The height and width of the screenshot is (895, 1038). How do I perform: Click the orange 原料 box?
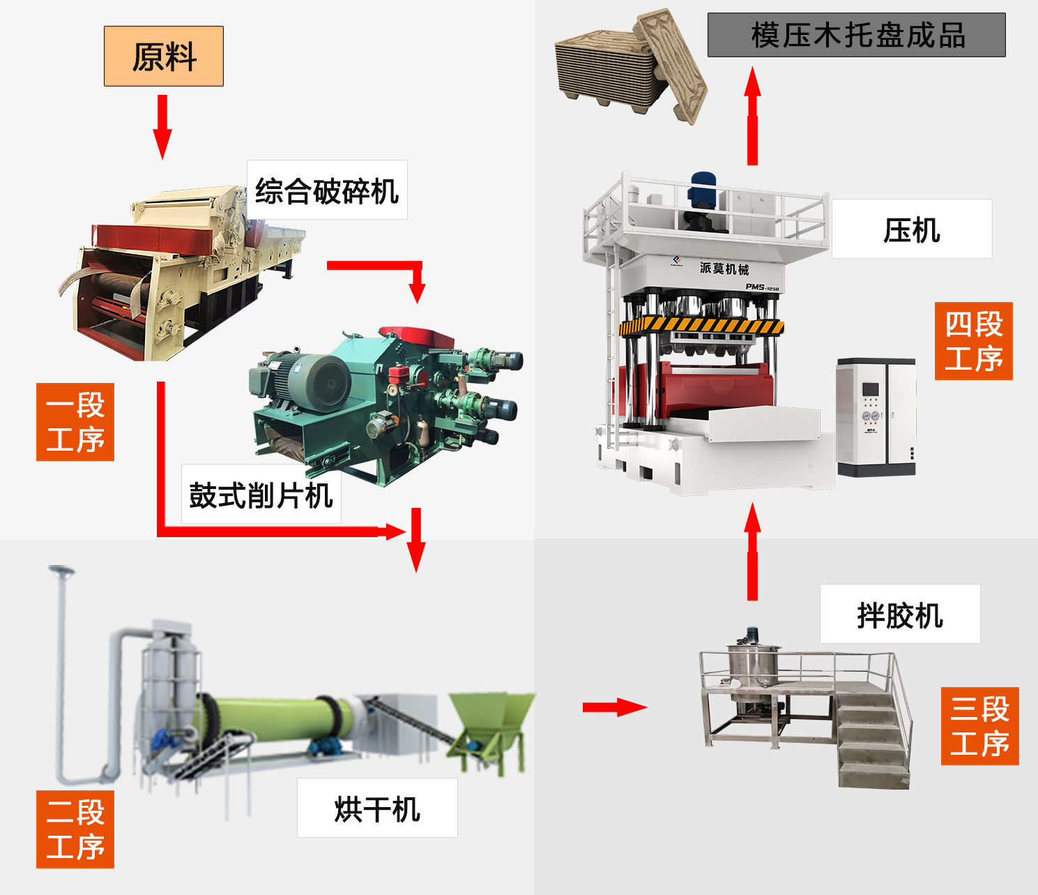pyautogui.click(x=164, y=57)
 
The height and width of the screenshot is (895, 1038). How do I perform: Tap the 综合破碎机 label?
pyautogui.click(x=327, y=190)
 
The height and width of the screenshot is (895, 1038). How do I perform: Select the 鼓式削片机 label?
pyautogui.click(x=261, y=495)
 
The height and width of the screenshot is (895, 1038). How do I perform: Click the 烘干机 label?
pyautogui.click(x=377, y=808)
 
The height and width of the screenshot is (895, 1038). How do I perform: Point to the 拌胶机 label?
pyautogui.click(x=900, y=615)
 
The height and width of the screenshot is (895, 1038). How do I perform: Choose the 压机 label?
pyautogui.click(x=912, y=230)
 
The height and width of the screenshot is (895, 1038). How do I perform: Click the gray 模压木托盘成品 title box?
pyautogui.click(x=857, y=35)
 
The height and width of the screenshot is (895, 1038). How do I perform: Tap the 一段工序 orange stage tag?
pyautogui.click(x=75, y=422)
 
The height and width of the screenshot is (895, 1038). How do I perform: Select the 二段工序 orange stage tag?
pyautogui.click(x=75, y=829)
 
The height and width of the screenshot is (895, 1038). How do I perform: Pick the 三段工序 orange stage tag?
pyautogui.click(x=979, y=726)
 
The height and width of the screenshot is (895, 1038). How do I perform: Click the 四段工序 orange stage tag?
pyautogui.click(x=974, y=341)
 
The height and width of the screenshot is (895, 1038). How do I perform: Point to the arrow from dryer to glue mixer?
pyautogui.click(x=614, y=707)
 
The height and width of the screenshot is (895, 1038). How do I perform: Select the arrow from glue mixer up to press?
pyautogui.click(x=752, y=551)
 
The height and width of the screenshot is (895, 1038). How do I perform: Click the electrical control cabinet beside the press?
pyautogui.click(x=876, y=417)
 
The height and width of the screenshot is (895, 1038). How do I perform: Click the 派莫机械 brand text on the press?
pyautogui.click(x=724, y=269)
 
